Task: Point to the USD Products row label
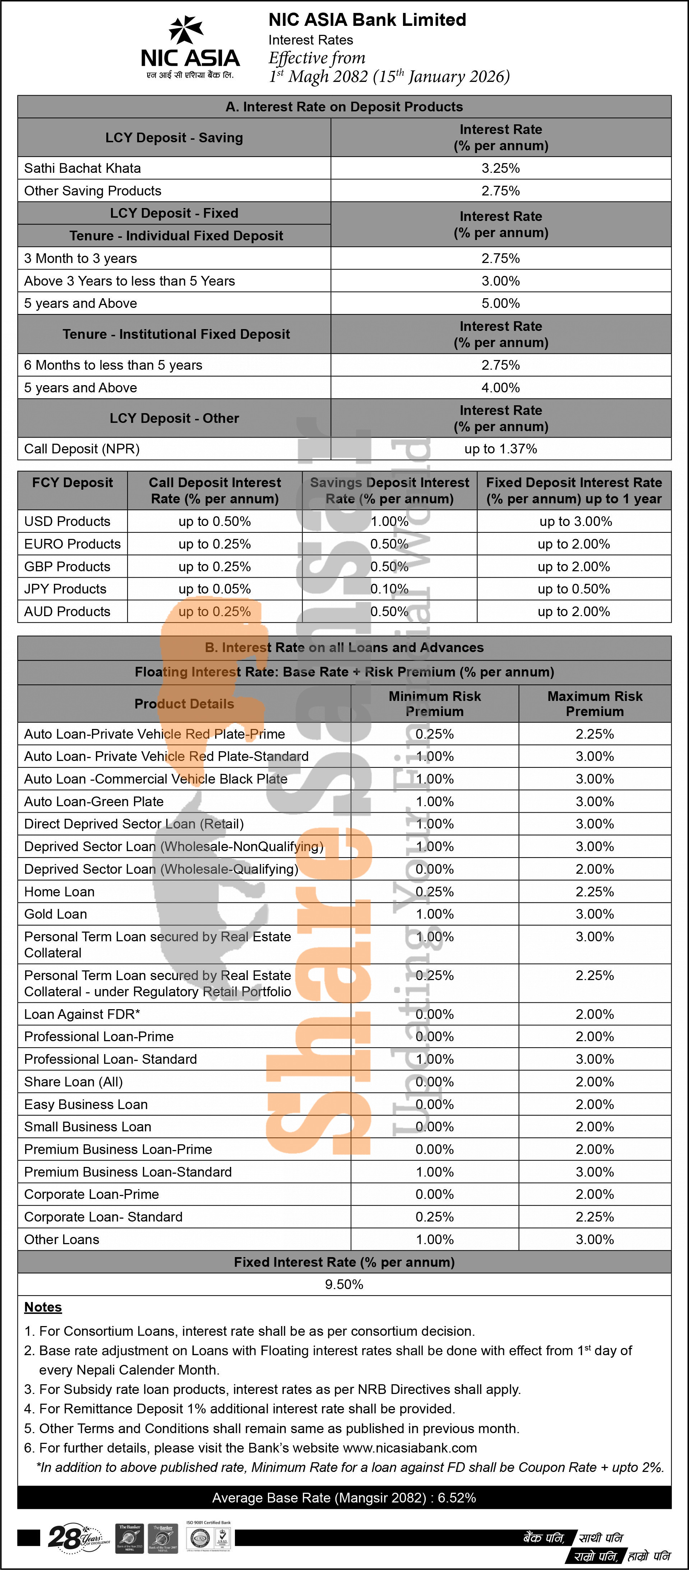[67, 522]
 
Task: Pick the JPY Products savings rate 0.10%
[389, 589]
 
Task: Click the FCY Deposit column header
[73, 483]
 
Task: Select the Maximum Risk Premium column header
[595, 704]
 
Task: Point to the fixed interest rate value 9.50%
[344, 1285]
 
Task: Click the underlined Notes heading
[43, 1307]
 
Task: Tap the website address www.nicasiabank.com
[410, 1448]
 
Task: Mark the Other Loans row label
[61, 1240]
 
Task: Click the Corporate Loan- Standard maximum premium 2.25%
[595, 1217]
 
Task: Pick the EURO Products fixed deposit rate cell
[573, 544]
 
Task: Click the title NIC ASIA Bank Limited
[367, 20]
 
